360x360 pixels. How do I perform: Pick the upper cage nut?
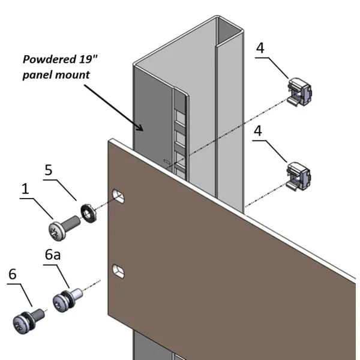pyautogui.click(x=300, y=92)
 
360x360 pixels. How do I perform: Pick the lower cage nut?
pyautogui.click(x=300, y=175)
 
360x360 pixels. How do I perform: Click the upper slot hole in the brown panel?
pyautogui.click(x=119, y=196)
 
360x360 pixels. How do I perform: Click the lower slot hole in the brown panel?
pyautogui.click(x=120, y=271)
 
